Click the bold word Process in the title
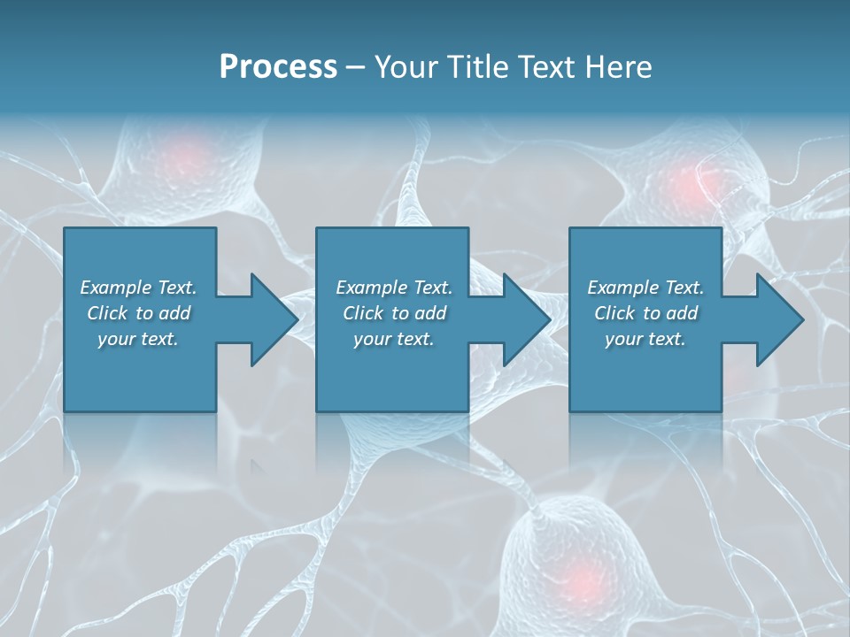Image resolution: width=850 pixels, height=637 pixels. coord(278,67)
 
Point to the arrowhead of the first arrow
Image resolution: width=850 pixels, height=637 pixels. coord(275,319)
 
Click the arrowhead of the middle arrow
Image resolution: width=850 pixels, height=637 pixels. coord(528,319)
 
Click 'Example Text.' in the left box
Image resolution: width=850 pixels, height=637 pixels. coord(138,288)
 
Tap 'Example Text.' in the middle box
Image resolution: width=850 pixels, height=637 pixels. coord(394,288)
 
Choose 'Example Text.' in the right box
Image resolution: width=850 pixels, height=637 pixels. coord(645,288)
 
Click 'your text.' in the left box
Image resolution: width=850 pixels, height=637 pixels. coord(138,339)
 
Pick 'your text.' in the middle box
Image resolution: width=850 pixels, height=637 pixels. coord(394,339)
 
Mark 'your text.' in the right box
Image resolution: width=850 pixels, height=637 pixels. coord(645,339)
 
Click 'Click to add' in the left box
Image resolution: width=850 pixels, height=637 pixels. coord(138,313)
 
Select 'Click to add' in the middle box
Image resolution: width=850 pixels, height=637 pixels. coord(394,313)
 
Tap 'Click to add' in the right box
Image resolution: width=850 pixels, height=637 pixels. coord(645,313)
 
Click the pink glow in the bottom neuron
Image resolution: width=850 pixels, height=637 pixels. coord(580,579)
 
